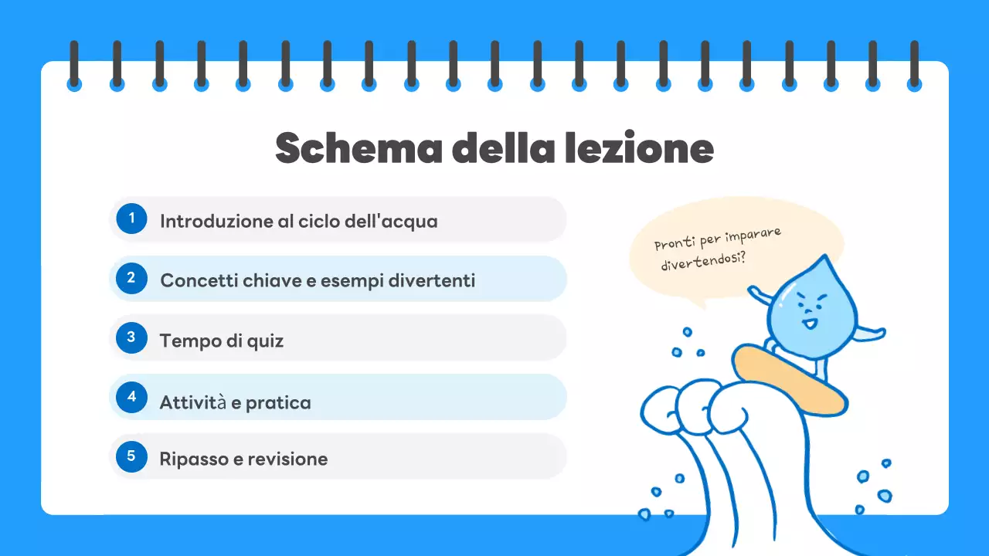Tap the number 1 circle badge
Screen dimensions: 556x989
[131, 219]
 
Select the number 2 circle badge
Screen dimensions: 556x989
[131, 278]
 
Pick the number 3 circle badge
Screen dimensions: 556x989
[131, 337]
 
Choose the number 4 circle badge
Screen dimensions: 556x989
[131, 397]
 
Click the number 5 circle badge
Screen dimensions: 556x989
[131, 456]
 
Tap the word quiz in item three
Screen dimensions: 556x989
[265, 341]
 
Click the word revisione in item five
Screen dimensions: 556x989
[287, 459]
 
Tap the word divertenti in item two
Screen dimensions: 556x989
[431, 280]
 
